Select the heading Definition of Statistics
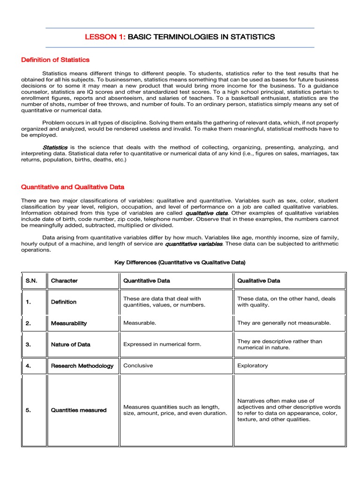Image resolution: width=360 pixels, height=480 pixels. pos(55,60)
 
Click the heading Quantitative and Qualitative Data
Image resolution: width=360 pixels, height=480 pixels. pos(73,187)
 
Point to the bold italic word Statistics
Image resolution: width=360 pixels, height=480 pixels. pos(55,147)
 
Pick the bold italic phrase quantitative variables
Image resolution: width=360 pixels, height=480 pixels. pos(195,244)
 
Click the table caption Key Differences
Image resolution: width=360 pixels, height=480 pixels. pos(180,262)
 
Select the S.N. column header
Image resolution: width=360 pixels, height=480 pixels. pos(31,281)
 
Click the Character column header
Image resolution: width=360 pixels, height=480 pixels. pos(64,281)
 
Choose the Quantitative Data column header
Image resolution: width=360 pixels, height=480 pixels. pos(146,281)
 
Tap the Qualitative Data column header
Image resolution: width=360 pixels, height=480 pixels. pos(259,281)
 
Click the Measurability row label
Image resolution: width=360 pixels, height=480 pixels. pos(68,323)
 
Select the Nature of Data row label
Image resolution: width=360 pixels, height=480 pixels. pos(70,345)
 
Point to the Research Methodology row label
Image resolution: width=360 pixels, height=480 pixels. pos(82,366)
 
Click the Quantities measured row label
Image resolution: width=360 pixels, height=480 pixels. pos(78,410)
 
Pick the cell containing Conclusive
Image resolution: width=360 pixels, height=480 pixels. pos(138,366)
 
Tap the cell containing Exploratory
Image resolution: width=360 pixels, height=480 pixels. pos(253,366)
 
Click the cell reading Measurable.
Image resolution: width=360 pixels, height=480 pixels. pos(140,323)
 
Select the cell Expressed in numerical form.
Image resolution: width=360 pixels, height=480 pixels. pos(162,345)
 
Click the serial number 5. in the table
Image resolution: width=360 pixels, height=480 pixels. pos(29,410)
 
